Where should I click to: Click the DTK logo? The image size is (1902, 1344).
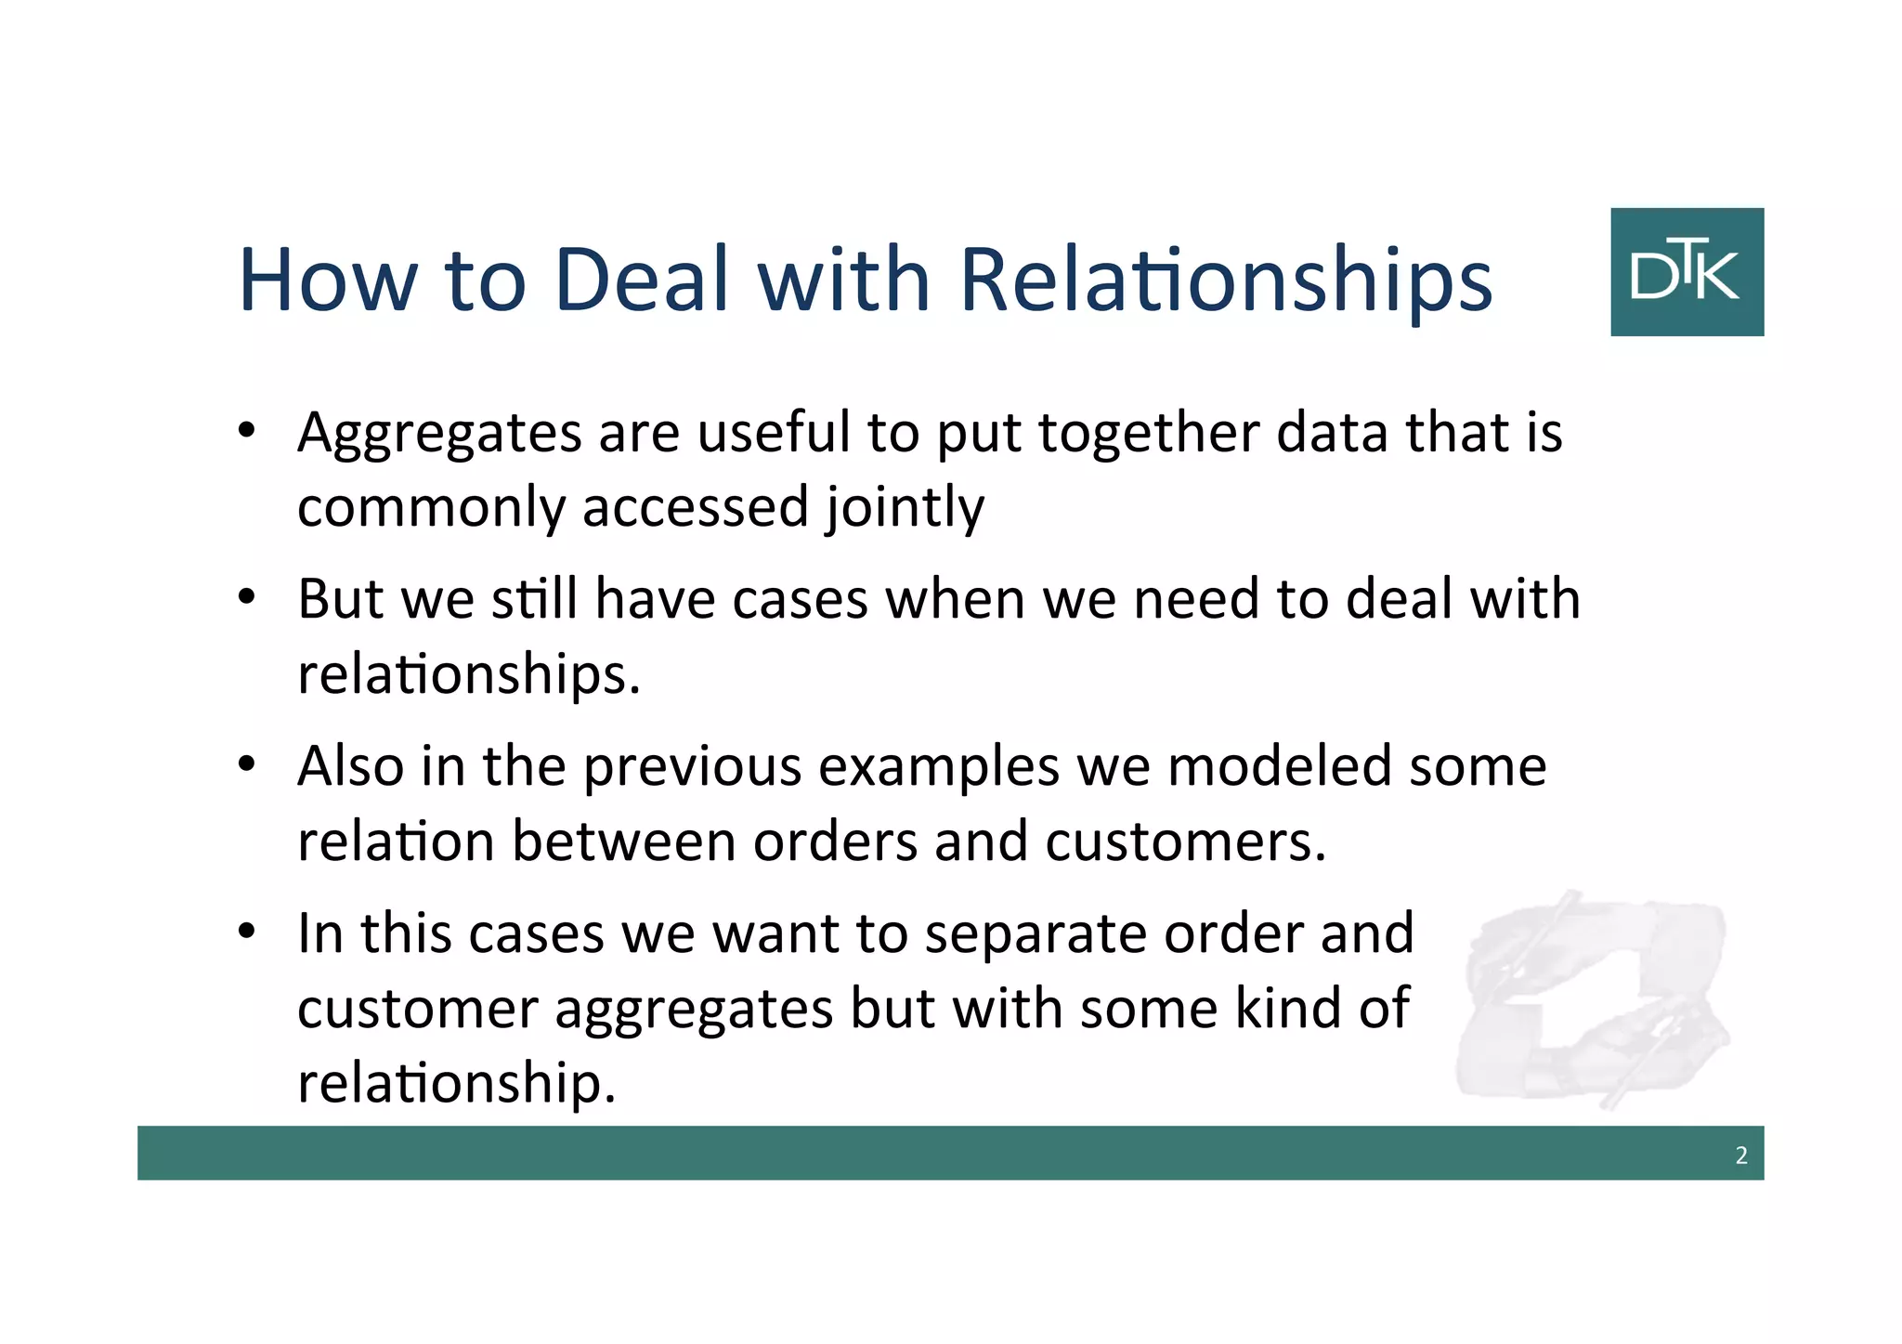[1687, 271]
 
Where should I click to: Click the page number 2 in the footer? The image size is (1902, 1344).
[1741, 1155]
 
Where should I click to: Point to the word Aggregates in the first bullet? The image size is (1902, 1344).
[439, 434]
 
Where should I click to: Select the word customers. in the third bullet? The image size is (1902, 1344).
[1185, 842]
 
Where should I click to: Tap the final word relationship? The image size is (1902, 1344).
[456, 1083]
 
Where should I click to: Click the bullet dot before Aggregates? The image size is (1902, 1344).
[246, 431]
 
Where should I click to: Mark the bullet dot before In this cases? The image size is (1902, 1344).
[246, 931]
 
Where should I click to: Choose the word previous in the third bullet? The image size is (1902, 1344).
[692, 766]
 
